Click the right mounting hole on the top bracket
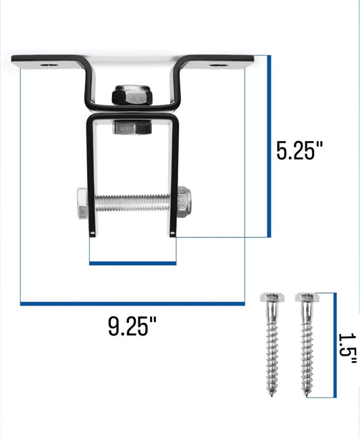(217, 65)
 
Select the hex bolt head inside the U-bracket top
(132, 127)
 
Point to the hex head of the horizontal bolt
(80, 204)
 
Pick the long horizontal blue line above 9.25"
(132, 304)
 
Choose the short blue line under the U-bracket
(133, 263)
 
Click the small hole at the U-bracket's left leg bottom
(91, 234)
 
